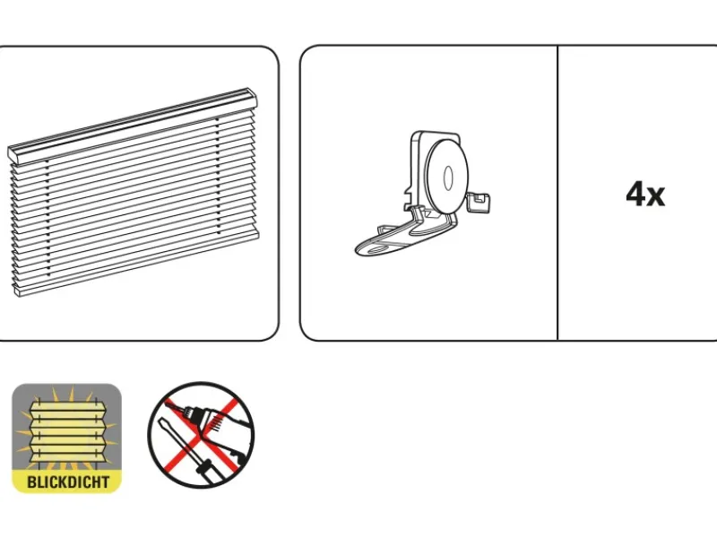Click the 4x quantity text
pos(645,194)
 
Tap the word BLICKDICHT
pos(68,482)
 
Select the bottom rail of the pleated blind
pos(137,262)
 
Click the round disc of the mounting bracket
pos(447,177)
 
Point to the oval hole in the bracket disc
pos(448,178)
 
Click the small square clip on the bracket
pos(479,202)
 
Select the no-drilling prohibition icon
pos(201,435)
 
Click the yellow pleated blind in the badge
pos(68,431)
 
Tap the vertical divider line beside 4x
pos(557,193)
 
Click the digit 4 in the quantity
pos(635,194)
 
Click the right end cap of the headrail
pos(253,98)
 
